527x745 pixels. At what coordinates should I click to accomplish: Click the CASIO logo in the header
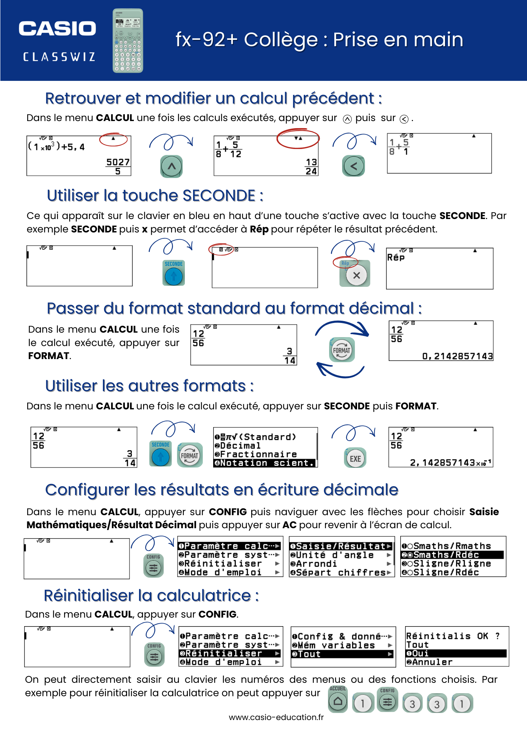pyautogui.click(x=57, y=29)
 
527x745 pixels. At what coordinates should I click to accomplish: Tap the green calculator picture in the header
pyautogui.click(x=128, y=41)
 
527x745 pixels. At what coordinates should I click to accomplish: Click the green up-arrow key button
pyautogui.click(x=171, y=166)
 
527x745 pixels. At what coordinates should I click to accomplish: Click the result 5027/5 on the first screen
pyautogui.click(x=118, y=167)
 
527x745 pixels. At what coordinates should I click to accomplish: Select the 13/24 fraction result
pyautogui.click(x=311, y=167)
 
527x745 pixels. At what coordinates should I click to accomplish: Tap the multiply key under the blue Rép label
pyautogui.click(x=356, y=276)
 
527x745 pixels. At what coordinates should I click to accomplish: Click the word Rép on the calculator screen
pyautogui.click(x=396, y=257)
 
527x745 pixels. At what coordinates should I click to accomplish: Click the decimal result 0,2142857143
pyautogui.click(x=457, y=356)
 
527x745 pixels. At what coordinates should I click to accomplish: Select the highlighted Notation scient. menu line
pyautogui.click(x=265, y=463)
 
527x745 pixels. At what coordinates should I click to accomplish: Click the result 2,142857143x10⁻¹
pyautogui.click(x=451, y=463)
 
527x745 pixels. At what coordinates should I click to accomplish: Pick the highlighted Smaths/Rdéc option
pyautogui.click(x=452, y=555)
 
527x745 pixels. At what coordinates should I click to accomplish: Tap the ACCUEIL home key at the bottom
pyautogui.click(x=338, y=701)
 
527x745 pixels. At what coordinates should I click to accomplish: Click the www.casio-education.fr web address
pyautogui.click(x=276, y=717)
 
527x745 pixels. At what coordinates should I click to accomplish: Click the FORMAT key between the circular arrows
pyautogui.click(x=342, y=350)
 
